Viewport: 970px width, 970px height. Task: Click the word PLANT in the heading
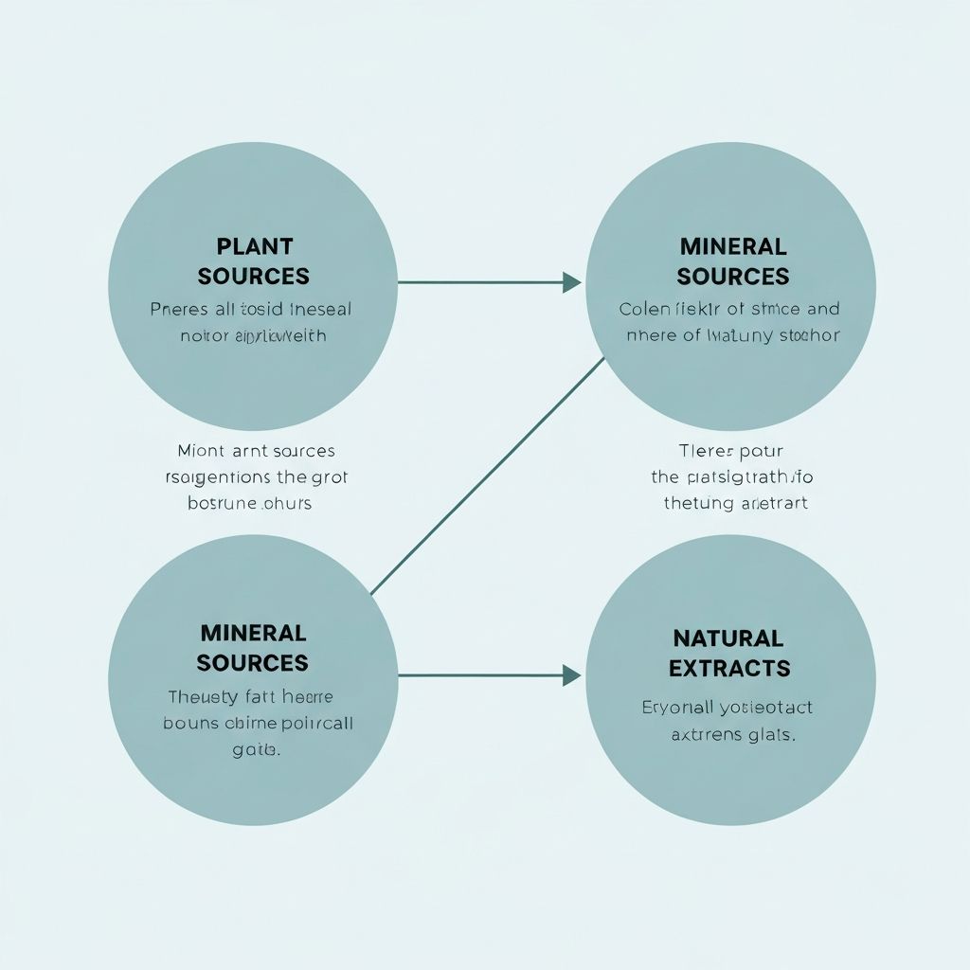[x=255, y=246]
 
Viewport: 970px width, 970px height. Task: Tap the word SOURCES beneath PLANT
[x=253, y=276]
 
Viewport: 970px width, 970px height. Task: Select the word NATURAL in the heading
[x=727, y=638]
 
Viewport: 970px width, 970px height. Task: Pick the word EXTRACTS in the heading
[x=729, y=668]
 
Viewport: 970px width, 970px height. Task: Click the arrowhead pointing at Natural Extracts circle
[x=571, y=675]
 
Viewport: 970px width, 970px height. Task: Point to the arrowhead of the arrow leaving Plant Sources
[x=571, y=281]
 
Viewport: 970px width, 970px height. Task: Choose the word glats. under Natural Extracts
[x=769, y=734]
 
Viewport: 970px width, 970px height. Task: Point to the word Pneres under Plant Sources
[x=177, y=309]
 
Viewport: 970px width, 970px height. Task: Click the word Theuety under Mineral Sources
[x=198, y=696]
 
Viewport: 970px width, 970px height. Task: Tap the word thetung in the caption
[x=699, y=503]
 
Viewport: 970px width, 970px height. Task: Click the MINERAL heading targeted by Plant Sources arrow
[x=733, y=246]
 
